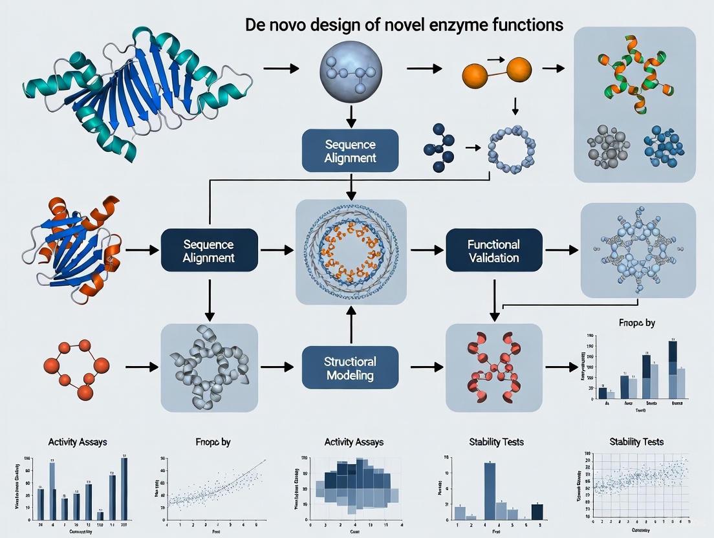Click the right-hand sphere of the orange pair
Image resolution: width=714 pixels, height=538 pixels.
point(518,70)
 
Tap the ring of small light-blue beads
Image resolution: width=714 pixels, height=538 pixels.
point(512,149)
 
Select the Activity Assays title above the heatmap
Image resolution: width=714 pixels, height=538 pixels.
point(353,442)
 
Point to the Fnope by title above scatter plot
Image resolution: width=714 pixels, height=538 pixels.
point(213,442)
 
